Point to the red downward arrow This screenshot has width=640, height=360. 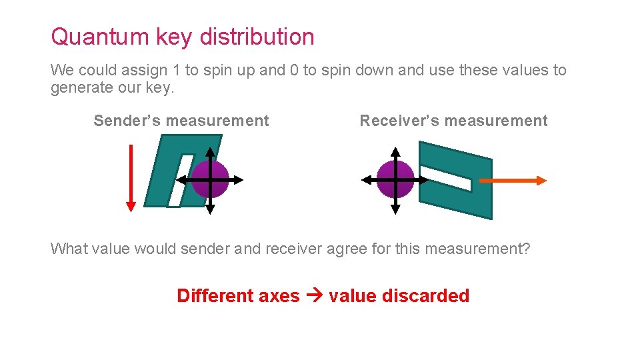131,177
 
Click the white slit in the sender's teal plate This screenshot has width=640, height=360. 181,180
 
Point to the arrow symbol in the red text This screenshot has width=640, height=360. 314,295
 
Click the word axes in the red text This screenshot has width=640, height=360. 281,296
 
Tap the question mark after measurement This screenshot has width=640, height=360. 527,249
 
